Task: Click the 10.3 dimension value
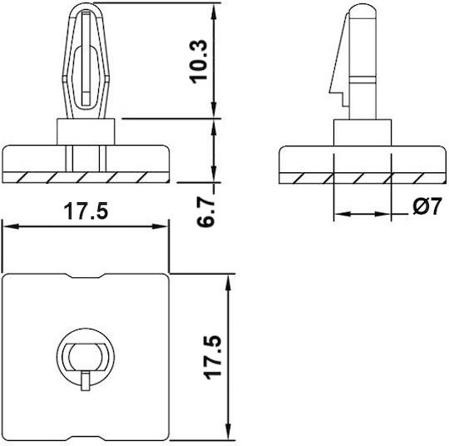click(198, 62)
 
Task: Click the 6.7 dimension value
click(205, 211)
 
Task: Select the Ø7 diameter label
click(427, 206)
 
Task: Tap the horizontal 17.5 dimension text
click(86, 211)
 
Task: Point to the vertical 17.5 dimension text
click(214, 357)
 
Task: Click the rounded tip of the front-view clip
click(86, 5)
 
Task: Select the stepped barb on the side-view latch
click(338, 98)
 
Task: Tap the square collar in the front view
click(86, 131)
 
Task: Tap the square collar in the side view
click(363, 132)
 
